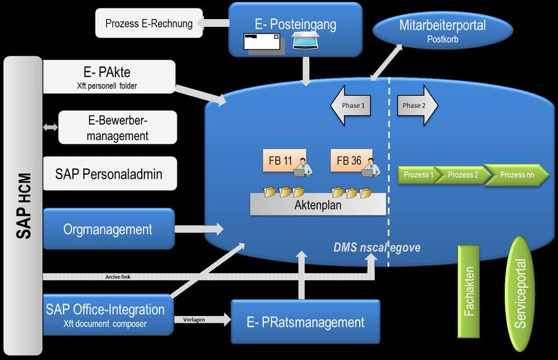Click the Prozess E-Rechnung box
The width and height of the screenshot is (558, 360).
pos(149,24)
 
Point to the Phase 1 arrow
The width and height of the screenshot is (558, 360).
pos(350,105)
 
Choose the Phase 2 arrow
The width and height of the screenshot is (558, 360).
pos(416,105)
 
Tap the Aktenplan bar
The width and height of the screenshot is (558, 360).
pos(318,204)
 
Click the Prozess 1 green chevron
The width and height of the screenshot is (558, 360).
pos(419,175)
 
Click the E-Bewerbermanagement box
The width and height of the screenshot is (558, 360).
pos(118,127)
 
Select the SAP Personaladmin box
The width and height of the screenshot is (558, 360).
pos(109,174)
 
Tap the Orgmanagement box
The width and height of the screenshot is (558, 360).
pos(108,229)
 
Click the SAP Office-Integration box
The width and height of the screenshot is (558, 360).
pos(105,313)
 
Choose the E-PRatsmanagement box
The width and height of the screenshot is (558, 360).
pos(305,322)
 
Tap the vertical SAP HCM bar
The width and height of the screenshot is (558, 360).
pos(23,197)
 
